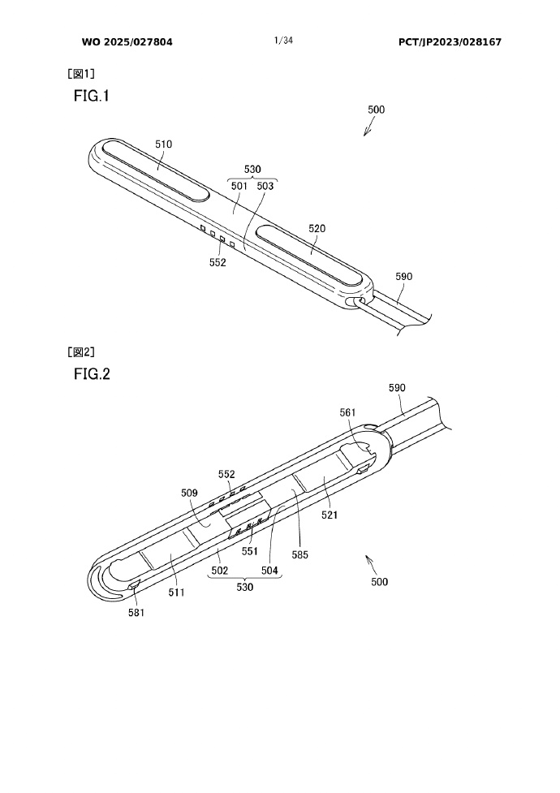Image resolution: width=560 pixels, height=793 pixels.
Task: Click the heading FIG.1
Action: pyautogui.click(x=91, y=96)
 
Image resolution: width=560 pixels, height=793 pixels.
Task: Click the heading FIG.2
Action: pyautogui.click(x=91, y=374)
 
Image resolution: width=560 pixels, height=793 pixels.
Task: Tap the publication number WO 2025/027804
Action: pyautogui.click(x=127, y=41)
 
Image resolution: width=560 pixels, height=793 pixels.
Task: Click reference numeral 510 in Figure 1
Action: pyautogui.click(x=164, y=144)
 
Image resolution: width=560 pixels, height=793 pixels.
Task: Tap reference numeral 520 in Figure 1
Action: pyautogui.click(x=317, y=229)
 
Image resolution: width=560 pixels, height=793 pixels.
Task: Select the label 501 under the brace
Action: pyautogui.click(x=239, y=185)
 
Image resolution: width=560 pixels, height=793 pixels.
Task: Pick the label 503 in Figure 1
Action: pyautogui.click(x=265, y=185)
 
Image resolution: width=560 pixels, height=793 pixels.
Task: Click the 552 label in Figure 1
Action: pyautogui.click(x=217, y=262)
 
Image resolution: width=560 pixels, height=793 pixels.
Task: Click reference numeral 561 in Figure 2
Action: pyautogui.click(x=348, y=412)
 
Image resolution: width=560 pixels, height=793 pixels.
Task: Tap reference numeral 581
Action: pyautogui.click(x=136, y=613)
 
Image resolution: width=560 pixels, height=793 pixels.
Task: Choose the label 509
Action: pyautogui.click(x=190, y=491)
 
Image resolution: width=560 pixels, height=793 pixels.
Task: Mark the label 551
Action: pyautogui.click(x=249, y=551)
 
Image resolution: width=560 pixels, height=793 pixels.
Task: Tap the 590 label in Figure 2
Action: pyautogui.click(x=397, y=388)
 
